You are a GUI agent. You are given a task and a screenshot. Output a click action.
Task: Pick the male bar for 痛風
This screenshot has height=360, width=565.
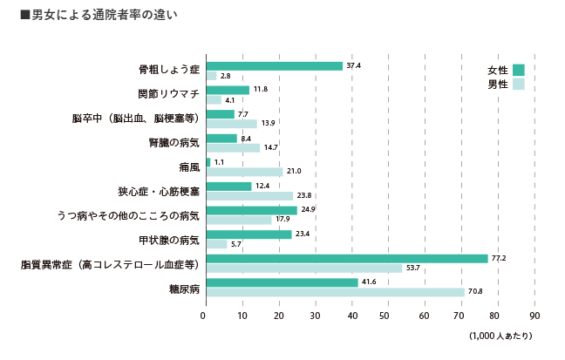tap(244, 172)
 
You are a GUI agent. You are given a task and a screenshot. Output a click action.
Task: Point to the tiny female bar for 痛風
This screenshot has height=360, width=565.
tap(208, 162)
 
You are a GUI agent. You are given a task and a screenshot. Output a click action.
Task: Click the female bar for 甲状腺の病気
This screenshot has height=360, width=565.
tap(248, 234)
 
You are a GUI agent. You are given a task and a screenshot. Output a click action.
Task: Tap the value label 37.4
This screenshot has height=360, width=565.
tap(353, 66)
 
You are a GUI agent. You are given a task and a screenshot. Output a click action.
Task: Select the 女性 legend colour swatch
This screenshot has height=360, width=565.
tap(519, 70)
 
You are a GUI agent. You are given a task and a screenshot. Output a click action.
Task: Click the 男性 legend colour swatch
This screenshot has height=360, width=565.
tap(519, 85)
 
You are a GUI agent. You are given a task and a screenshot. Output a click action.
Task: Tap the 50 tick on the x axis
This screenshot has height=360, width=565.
tap(388, 316)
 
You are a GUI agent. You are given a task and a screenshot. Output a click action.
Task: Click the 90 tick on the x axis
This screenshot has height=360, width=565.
tap(535, 316)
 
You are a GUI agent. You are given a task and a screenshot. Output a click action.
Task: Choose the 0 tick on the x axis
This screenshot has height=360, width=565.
tap(205, 316)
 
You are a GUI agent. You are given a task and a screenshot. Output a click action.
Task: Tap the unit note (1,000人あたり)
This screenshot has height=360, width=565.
tap(500, 336)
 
